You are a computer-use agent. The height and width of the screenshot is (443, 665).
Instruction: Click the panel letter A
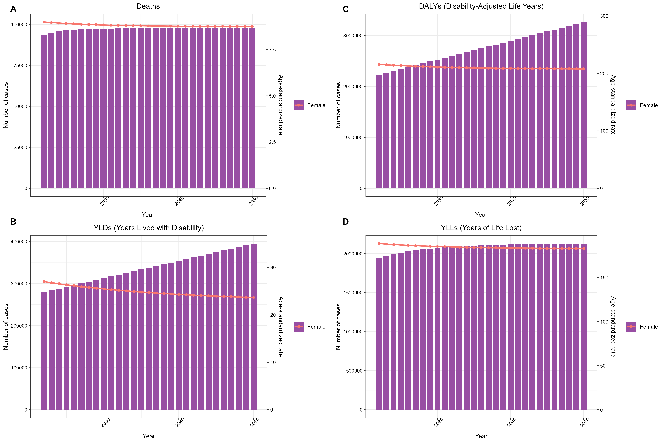point(13,9)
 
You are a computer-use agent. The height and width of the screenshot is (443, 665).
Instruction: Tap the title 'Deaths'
point(148,6)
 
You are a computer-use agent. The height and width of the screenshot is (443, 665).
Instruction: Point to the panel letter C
point(346,9)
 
